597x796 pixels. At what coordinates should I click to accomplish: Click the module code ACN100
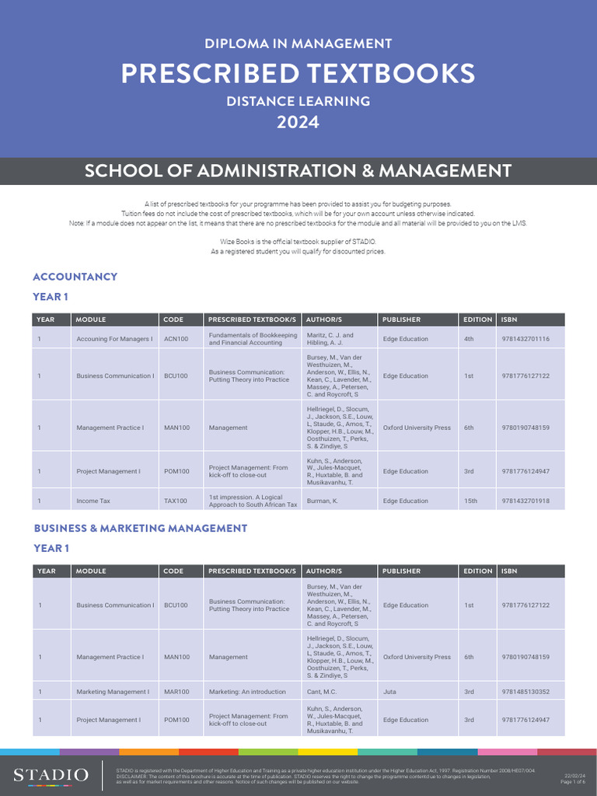[176, 339]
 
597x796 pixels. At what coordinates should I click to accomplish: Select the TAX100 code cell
[176, 501]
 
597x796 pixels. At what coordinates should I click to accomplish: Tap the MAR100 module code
[176, 692]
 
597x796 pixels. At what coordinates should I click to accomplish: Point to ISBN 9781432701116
[525, 339]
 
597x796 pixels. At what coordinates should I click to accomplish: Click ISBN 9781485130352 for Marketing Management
[525, 692]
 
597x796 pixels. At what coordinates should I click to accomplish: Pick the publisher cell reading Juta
[390, 692]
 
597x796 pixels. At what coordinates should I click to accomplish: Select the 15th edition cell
[470, 501]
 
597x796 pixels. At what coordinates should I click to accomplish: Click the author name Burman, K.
[323, 501]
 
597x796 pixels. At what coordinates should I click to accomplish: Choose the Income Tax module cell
[93, 501]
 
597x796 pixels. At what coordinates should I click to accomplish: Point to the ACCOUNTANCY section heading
[75, 277]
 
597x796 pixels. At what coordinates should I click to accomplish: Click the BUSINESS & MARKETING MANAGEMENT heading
[141, 529]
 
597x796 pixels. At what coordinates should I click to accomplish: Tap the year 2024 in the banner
[298, 122]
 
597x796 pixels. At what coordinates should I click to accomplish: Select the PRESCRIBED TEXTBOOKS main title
[298, 74]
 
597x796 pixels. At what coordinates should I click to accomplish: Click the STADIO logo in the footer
[51, 774]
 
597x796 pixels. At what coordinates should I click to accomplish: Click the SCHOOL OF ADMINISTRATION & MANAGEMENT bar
[298, 171]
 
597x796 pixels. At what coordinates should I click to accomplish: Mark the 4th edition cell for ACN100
[469, 339]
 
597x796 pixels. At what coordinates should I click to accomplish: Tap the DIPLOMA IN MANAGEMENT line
[298, 44]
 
